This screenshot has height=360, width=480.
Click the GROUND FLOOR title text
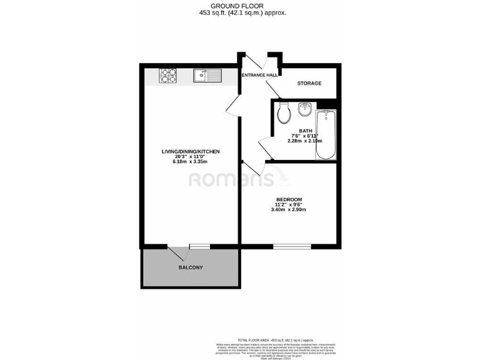[x=241, y=6]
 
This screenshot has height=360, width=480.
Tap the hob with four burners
[x=169, y=76]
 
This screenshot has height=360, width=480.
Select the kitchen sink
[x=206, y=76]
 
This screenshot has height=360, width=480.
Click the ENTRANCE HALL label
[x=259, y=75]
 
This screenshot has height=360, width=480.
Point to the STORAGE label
[x=309, y=83]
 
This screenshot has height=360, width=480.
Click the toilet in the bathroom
[x=284, y=114]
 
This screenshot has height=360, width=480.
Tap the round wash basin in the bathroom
[x=305, y=110]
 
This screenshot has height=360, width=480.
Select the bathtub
[x=326, y=134]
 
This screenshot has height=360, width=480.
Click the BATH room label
[x=306, y=130]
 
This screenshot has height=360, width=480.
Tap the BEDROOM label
[x=289, y=200]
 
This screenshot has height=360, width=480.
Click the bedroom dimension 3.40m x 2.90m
[x=289, y=210]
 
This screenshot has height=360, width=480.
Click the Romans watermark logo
[x=231, y=180]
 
